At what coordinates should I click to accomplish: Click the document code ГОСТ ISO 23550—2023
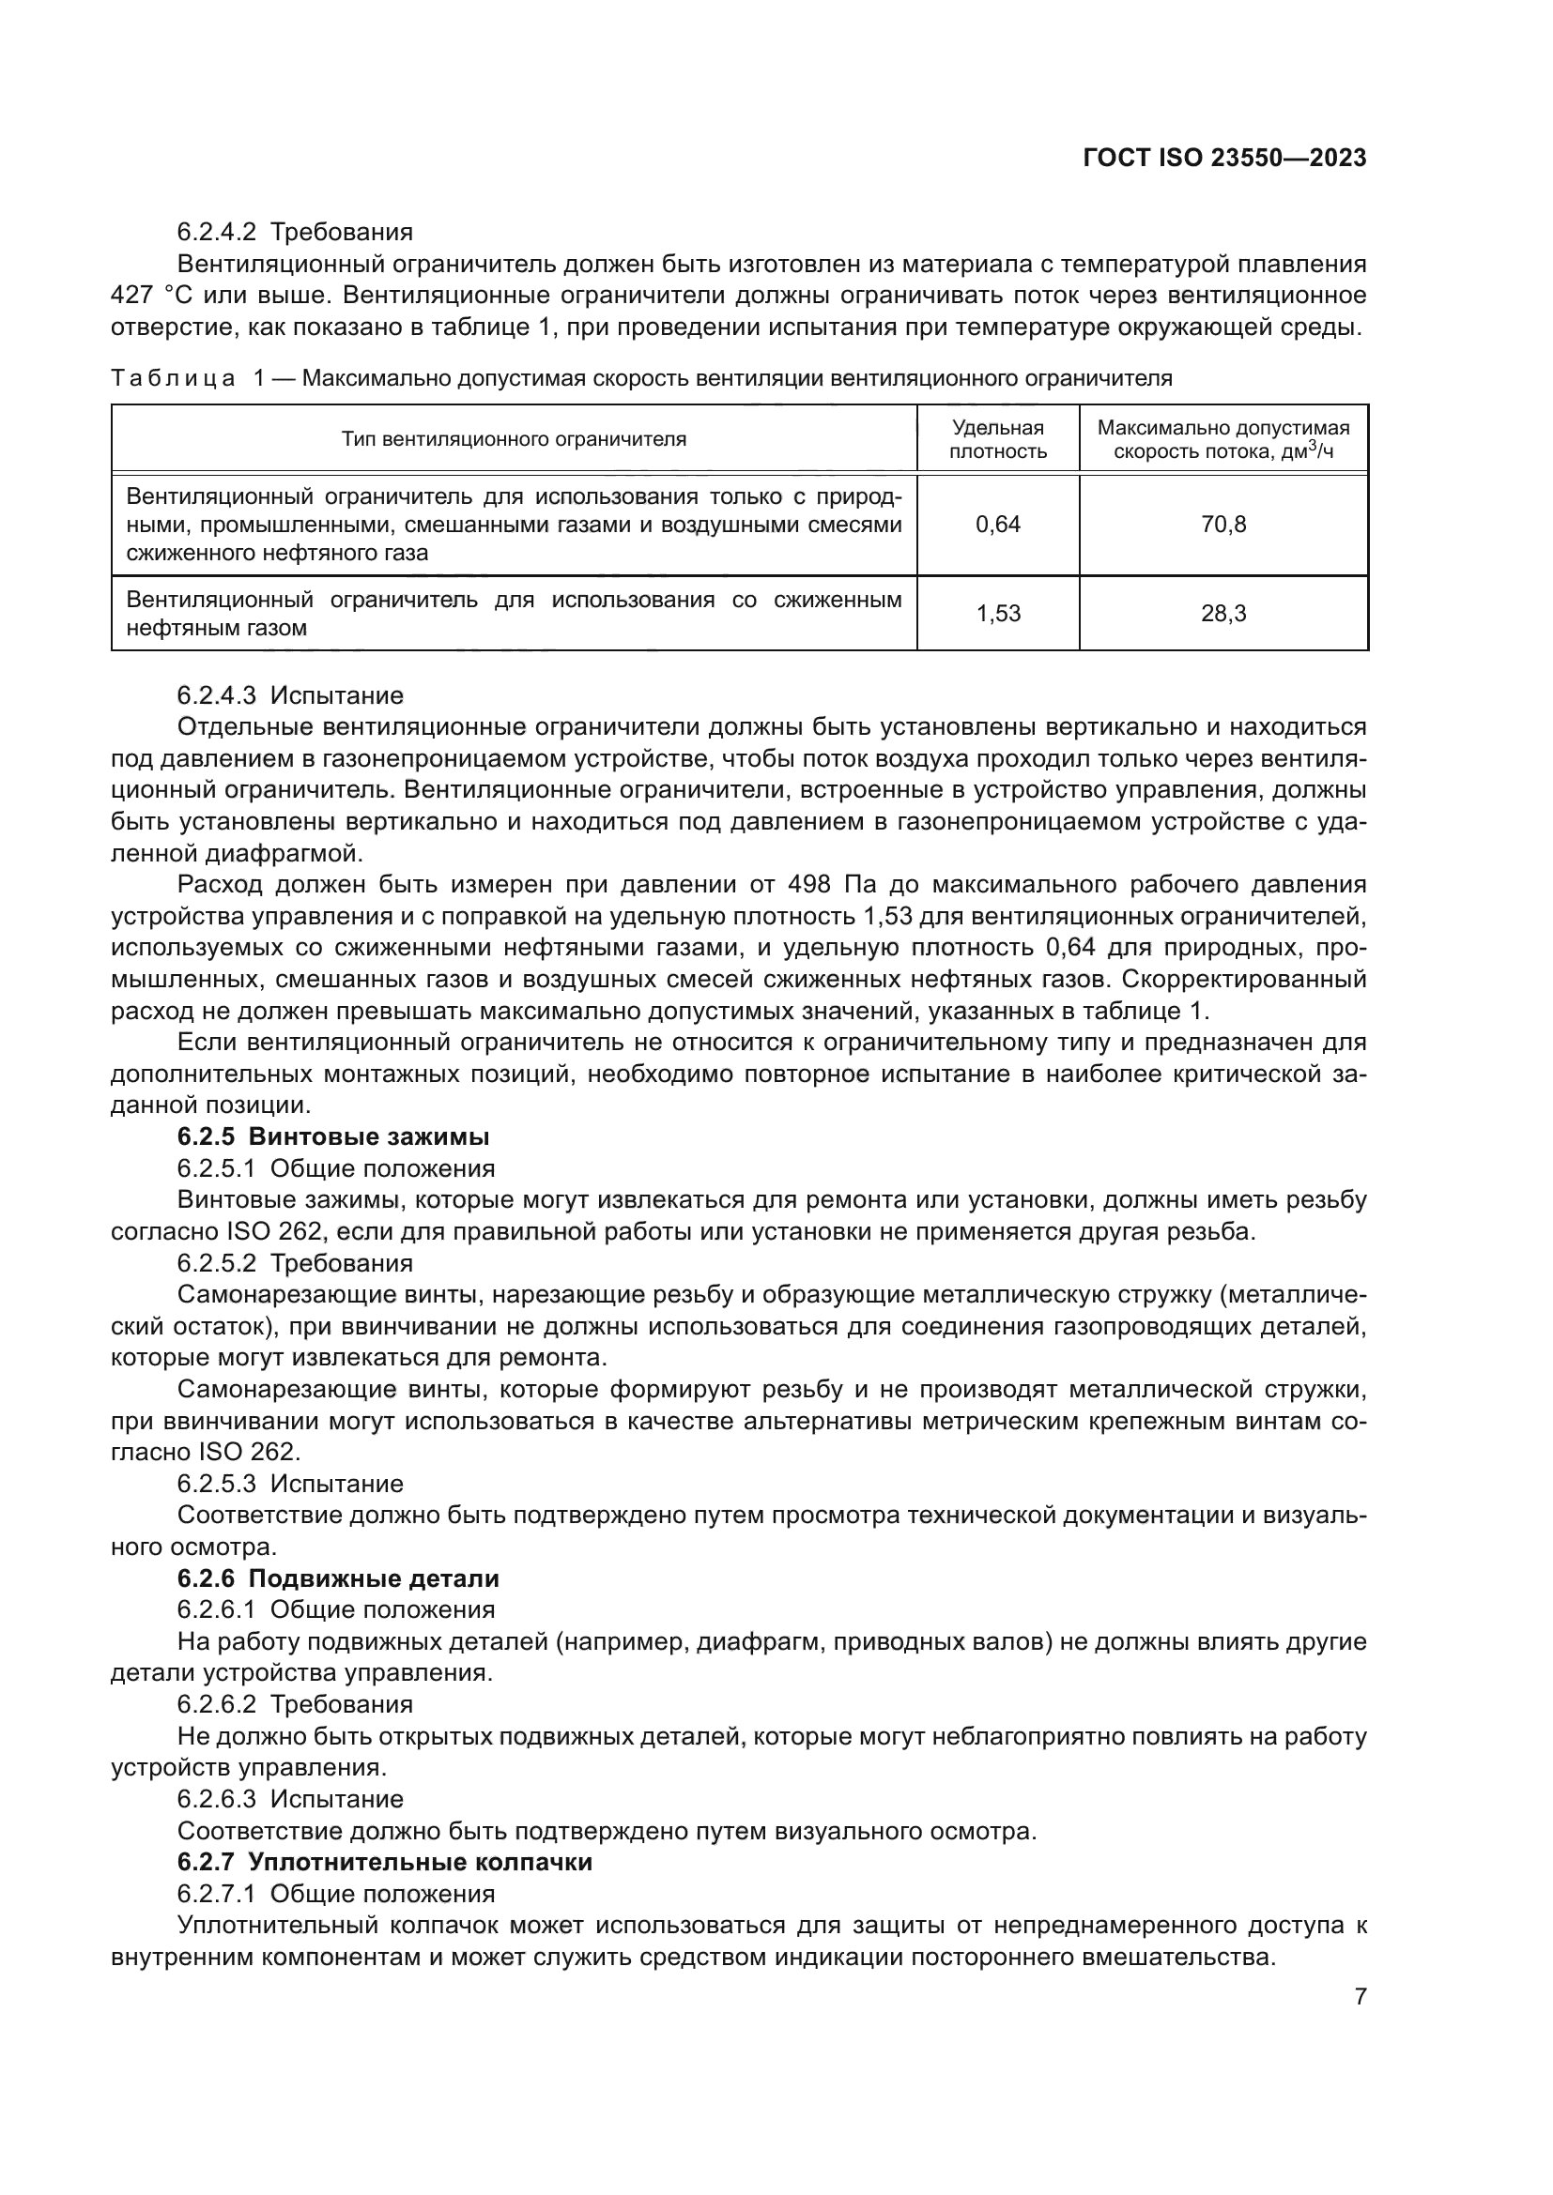[x=1224, y=158]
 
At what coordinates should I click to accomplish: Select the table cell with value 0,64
[x=997, y=524]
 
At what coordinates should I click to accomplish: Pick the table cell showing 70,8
[x=1223, y=524]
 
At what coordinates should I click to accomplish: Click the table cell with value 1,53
[x=997, y=614]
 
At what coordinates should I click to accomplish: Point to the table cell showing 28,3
[x=1223, y=614]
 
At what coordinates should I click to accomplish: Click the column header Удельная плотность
[x=997, y=440]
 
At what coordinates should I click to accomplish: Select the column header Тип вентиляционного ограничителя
[x=514, y=440]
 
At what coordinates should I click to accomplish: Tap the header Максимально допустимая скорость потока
[x=1223, y=440]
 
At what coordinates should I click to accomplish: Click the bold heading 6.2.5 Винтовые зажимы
[x=332, y=1136]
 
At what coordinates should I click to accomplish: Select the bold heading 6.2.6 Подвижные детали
[x=338, y=1578]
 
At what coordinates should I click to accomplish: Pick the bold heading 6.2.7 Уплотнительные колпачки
[x=384, y=1862]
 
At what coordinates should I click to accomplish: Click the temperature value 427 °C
[x=152, y=296]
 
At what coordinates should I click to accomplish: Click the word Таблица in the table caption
[x=173, y=378]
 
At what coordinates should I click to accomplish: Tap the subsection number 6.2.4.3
[x=216, y=695]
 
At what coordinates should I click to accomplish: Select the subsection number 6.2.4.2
[x=216, y=233]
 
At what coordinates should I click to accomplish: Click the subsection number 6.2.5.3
[x=216, y=1484]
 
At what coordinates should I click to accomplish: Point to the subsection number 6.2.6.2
[x=216, y=1704]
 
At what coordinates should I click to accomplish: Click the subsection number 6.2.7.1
[x=216, y=1894]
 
